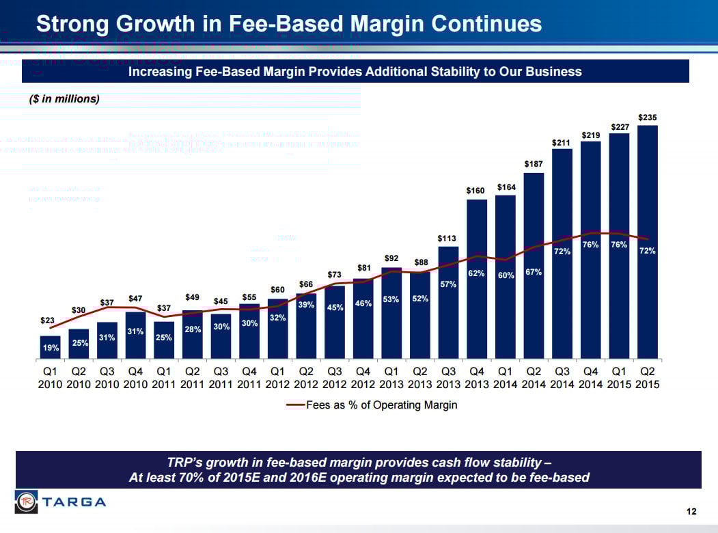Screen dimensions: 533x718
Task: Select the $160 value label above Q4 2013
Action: tap(476, 191)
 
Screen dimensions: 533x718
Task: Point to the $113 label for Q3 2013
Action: tap(447, 238)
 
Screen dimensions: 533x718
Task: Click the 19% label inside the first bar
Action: tap(51, 348)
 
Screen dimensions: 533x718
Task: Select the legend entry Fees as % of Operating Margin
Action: tap(372, 405)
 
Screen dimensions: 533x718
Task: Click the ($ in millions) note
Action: tap(64, 99)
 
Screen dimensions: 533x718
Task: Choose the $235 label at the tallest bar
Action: tap(648, 118)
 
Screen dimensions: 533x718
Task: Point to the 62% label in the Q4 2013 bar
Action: tap(476, 273)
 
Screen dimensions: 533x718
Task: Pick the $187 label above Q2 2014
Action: tap(534, 165)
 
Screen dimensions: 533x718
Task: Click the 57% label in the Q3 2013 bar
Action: tap(447, 284)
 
